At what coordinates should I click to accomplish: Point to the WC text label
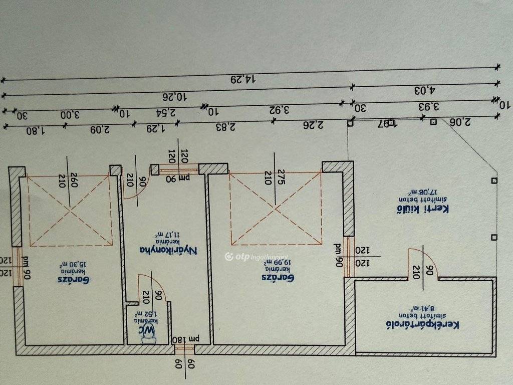tap(148, 330)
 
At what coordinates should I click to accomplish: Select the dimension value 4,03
tap(425, 90)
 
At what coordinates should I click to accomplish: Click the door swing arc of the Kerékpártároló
tap(425, 261)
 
